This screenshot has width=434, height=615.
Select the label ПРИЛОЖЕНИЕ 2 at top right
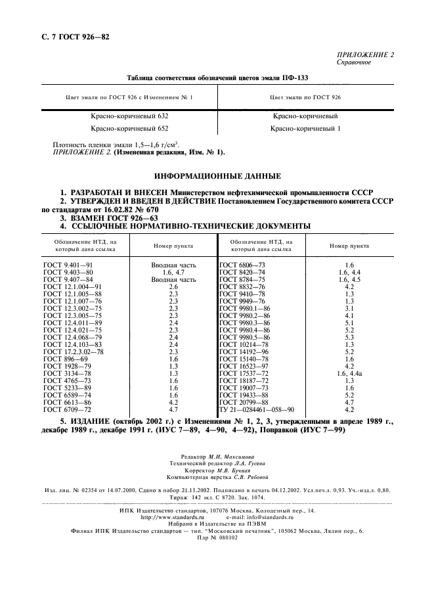click(364, 55)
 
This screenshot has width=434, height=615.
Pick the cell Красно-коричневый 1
click(305, 129)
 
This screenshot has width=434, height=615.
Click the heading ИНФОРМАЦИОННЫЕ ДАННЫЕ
click(217, 176)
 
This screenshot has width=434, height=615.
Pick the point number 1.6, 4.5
click(349, 279)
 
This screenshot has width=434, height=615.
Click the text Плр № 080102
click(217, 538)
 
